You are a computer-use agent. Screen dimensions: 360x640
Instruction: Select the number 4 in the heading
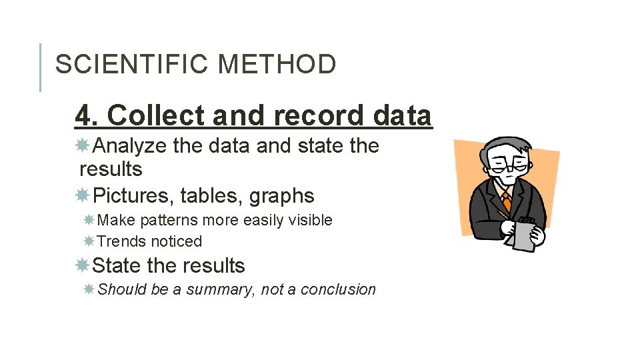[x=83, y=115]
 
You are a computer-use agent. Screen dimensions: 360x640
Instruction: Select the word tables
[x=211, y=196]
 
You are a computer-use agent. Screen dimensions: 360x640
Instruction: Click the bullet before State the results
[x=83, y=265]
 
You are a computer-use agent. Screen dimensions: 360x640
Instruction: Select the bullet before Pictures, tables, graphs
[x=83, y=195]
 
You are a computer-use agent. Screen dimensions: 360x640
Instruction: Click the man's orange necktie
[x=506, y=200]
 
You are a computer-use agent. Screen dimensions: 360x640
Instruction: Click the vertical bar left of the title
[x=40, y=67]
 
